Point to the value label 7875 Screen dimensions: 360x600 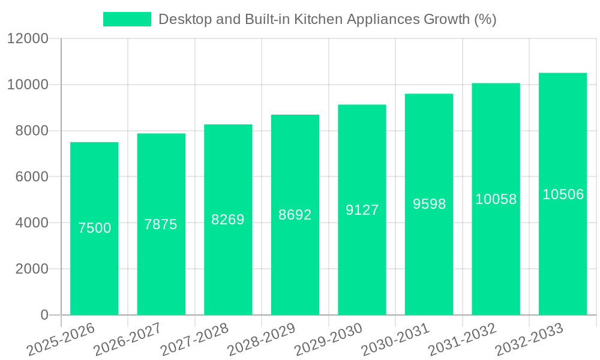click(161, 224)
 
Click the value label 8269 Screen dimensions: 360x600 click(228, 220)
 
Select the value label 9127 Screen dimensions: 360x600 click(362, 210)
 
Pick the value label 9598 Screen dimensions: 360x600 click(430, 204)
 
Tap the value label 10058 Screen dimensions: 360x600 click(496, 199)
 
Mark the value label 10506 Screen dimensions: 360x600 click(563, 194)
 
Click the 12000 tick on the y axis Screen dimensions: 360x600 click(28, 39)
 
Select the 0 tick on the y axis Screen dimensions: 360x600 click(44, 315)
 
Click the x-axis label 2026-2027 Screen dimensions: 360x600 click(127, 340)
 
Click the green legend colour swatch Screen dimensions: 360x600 click(127, 19)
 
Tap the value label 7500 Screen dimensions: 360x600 click(95, 228)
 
